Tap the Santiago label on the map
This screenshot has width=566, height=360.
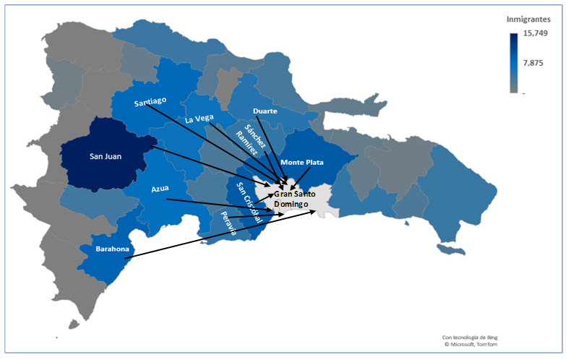[x=150, y=102]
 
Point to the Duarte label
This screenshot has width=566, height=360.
[x=265, y=111]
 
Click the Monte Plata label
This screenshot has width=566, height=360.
[x=302, y=163]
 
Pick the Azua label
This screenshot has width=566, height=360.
[x=160, y=189]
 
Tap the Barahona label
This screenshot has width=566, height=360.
[x=112, y=249]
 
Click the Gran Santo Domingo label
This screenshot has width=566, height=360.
[x=292, y=200]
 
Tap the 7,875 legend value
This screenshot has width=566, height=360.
[x=533, y=63]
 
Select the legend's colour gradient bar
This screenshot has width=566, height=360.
[x=513, y=63]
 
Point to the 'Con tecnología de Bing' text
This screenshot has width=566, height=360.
[x=470, y=336]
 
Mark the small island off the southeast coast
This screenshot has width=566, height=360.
[x=453, y=249]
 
